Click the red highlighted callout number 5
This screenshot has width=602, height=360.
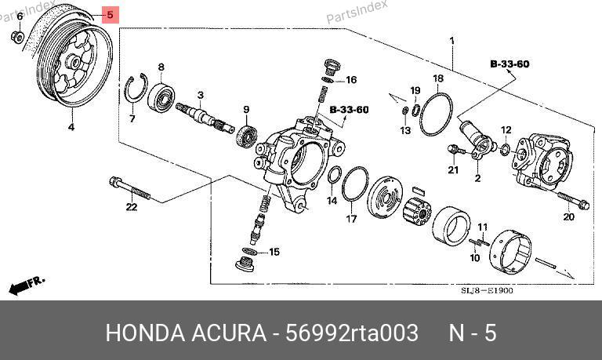[x=111, y=15]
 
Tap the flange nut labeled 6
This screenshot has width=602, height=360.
[x=18, y=37]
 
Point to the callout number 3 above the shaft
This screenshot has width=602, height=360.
[x=201, y=95]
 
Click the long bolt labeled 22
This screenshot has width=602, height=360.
[x=130, y=188]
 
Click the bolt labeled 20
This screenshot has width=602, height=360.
[x=573, y=200]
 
